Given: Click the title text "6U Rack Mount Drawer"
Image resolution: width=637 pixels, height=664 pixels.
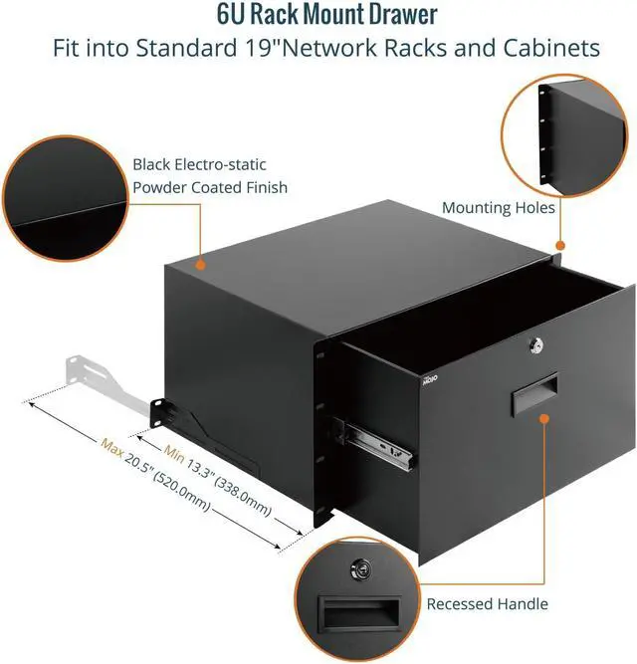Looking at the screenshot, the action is pyautogui.click(x=326, y=14).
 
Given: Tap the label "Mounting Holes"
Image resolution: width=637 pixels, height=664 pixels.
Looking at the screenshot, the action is pyautogui.click(x=499, y=207).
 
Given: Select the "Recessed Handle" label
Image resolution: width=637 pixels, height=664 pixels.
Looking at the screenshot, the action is pyautogui.click(x=487, y=603).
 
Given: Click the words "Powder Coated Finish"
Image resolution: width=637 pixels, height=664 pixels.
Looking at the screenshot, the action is pyautogui.click(x=210, y=187).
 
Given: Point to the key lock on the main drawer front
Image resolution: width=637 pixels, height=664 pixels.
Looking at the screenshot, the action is pyautogui.click(x=535, y=346).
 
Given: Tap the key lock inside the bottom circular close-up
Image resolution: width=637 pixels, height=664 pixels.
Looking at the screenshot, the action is pyautogui.click(x=360, y=569).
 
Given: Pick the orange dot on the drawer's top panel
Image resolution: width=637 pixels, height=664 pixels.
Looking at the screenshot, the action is pyautogui.click(x=201, y=265).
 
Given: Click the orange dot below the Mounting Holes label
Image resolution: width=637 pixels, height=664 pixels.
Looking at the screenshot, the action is pyautogui.click(x=560, y=245).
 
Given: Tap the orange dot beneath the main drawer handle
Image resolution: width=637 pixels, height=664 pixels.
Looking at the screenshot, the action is pyautogui.click(x=544, y=419).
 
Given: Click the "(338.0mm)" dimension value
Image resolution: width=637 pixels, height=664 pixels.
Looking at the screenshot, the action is pyautogui.click(x=243, y=496).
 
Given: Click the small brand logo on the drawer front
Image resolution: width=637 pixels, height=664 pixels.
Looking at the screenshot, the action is pyautogui.click(x=430, y=380).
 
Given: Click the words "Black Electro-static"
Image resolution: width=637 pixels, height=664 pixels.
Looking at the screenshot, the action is pyautogui.click(x=199, y=164).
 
